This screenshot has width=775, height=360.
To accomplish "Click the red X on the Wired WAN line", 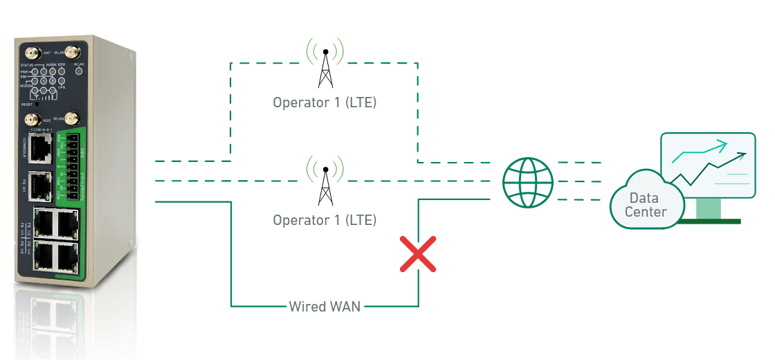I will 418,253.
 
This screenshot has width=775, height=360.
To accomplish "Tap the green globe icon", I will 528,182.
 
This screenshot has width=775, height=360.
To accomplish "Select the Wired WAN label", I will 325,305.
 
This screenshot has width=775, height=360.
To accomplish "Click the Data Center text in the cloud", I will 645,206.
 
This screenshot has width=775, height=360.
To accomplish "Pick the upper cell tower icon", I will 325,63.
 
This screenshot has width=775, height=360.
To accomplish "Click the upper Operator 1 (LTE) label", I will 325,103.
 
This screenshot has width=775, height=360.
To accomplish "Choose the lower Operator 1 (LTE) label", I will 325,220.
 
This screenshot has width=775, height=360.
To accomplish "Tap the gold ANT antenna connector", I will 32,52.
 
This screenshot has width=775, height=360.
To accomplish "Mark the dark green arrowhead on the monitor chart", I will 742,156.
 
